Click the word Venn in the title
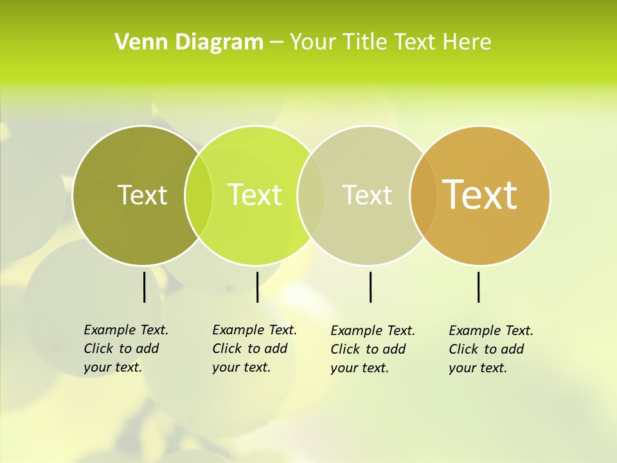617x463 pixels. point(136,42)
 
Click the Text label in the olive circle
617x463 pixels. point(142,195)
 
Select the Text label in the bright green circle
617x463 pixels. point(255,195)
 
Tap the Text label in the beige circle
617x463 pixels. point(367,195)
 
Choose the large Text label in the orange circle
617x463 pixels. point(480,195)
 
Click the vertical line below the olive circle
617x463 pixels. point(144,287)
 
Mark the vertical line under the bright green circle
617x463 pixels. point(257,287)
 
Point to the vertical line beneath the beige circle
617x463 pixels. point(370,287)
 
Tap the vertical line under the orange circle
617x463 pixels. point(478,287)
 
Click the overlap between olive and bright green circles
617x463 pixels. point(199,195)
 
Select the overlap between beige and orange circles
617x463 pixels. point(424,195)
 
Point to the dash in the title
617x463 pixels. point(276,42)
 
